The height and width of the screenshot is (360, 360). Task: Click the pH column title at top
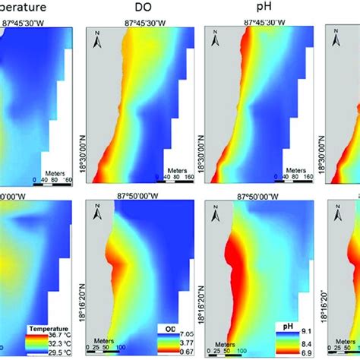[264, 9]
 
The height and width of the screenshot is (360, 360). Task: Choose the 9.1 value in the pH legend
[305, 331]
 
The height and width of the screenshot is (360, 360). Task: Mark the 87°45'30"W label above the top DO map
[144, 23]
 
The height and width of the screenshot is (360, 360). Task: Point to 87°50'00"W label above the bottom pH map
[263, 196]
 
